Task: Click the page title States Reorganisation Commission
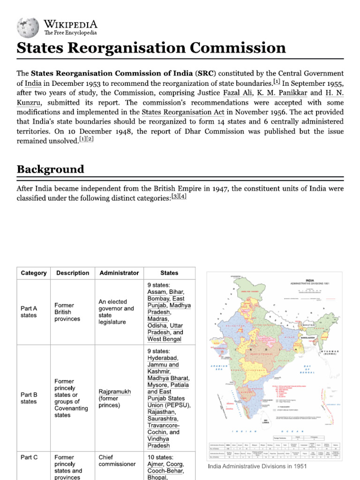[151, 48]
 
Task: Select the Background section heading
[51, 169]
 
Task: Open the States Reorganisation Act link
[184, 112]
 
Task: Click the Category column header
[34, 273]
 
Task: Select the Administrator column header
[119, 273]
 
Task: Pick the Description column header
[73, 273]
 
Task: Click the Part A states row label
[29, 312]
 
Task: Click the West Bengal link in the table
[164, 339]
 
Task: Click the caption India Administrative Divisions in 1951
[257, 467]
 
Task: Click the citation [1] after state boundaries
[277, 82]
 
